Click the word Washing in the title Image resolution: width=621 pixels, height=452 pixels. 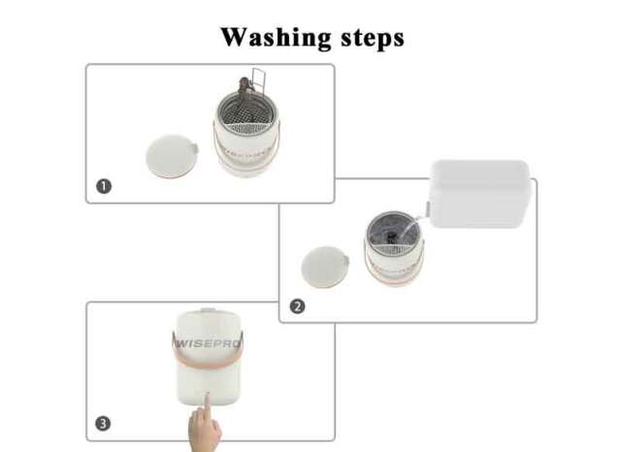pos(276,38)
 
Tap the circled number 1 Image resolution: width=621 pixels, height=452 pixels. pos(104,186)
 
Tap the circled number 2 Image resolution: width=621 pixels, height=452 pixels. pos(298,307)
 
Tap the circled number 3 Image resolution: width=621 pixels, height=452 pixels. pos(103,424)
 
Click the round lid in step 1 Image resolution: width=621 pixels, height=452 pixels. pos(172,156)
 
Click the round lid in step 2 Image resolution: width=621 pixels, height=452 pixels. pos(325,267)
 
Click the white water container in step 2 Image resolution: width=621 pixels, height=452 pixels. pos(480,194)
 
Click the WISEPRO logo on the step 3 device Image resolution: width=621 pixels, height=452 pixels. pos(208,343)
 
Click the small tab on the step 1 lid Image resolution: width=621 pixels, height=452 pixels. pos(194,148)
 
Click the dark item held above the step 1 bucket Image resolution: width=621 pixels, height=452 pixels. pos(245,88)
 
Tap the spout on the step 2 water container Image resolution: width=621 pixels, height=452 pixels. pos(428,209)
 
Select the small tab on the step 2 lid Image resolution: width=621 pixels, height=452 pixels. pos(346,261)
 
